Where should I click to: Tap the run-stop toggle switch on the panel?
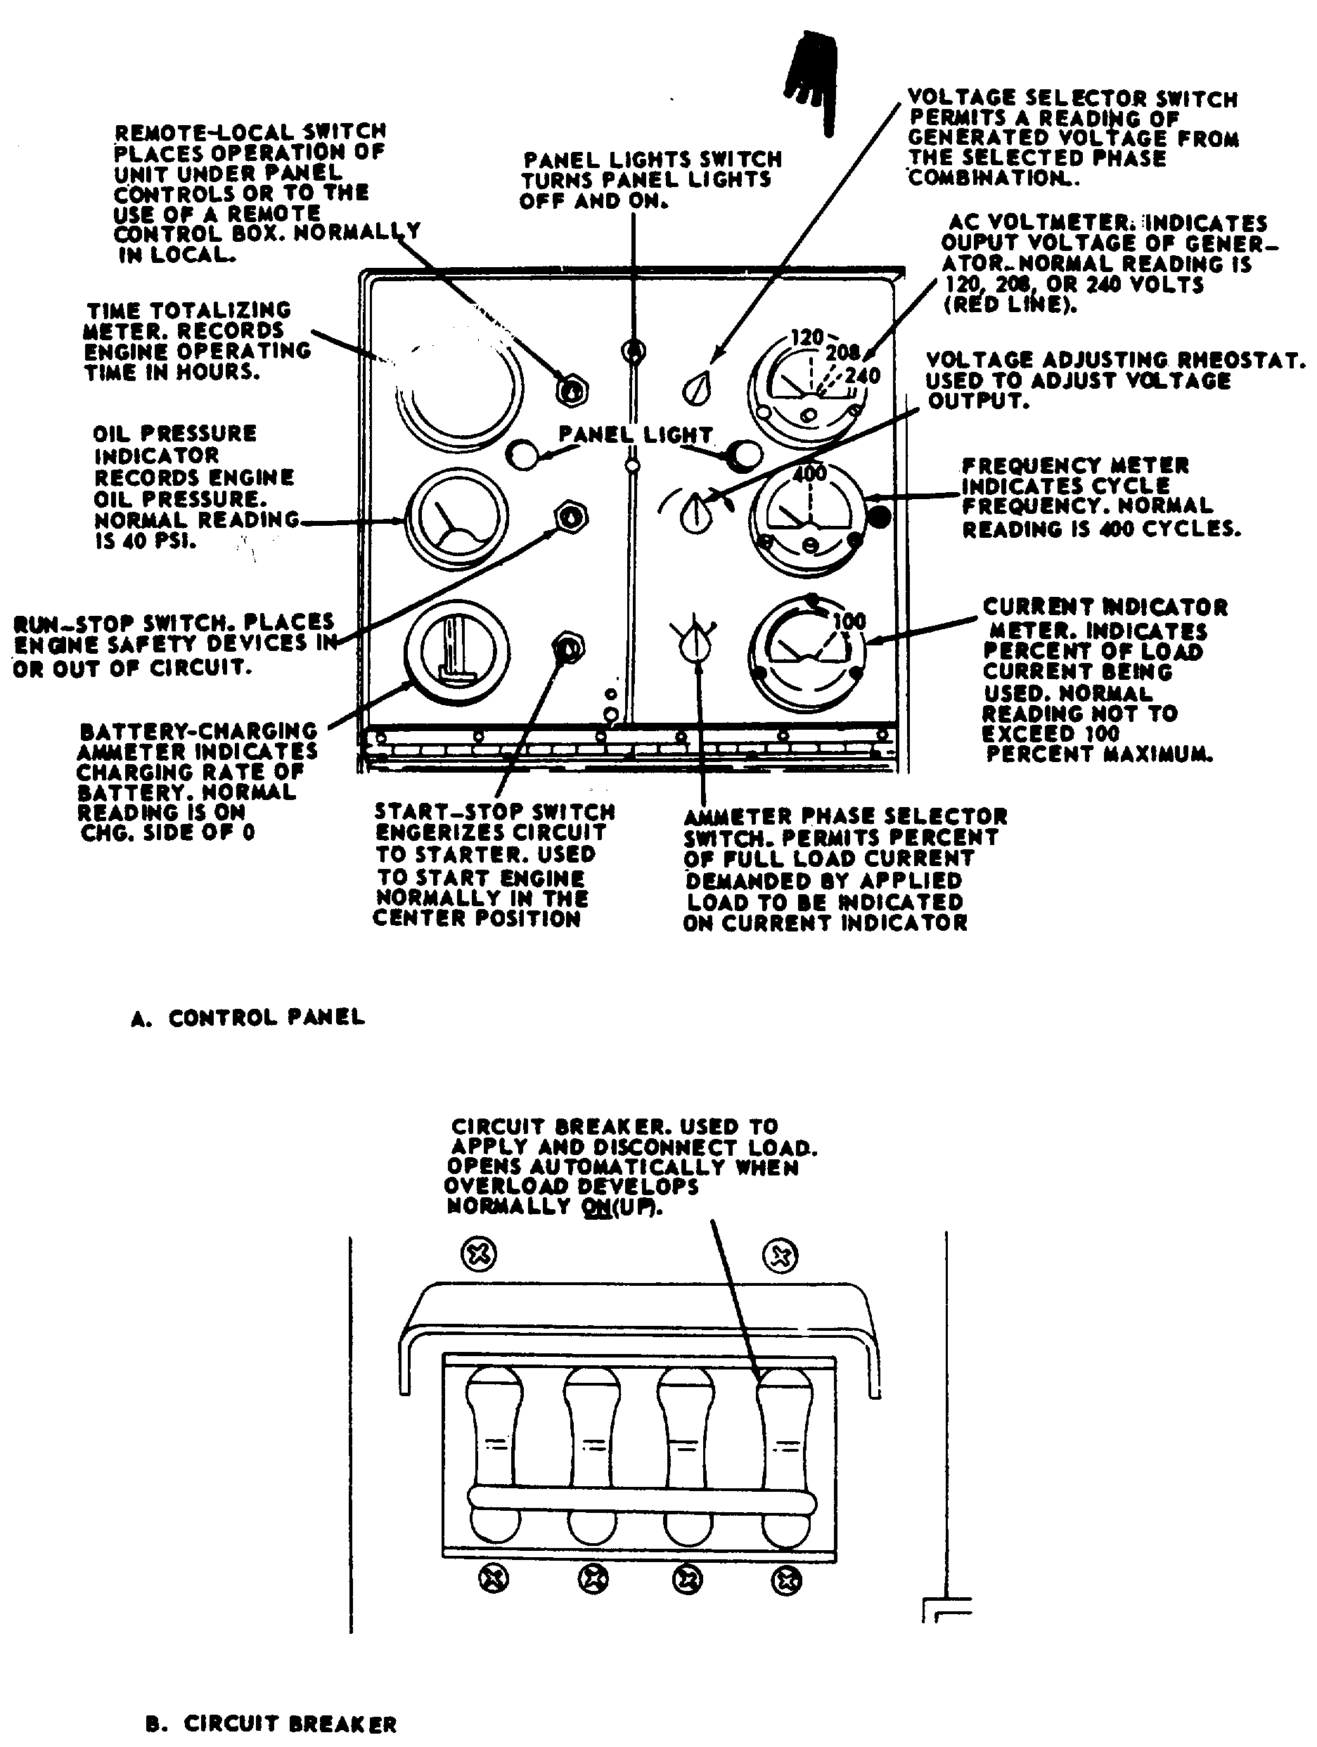(571, 517)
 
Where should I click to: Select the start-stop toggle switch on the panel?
(568, 647)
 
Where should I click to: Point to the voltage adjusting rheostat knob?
(696, 513)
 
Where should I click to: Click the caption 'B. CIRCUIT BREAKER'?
(271, 1722)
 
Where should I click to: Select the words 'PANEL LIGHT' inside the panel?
(635, 434)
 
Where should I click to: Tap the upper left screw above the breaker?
(479, 1254)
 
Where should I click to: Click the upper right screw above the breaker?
(780, 1256)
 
